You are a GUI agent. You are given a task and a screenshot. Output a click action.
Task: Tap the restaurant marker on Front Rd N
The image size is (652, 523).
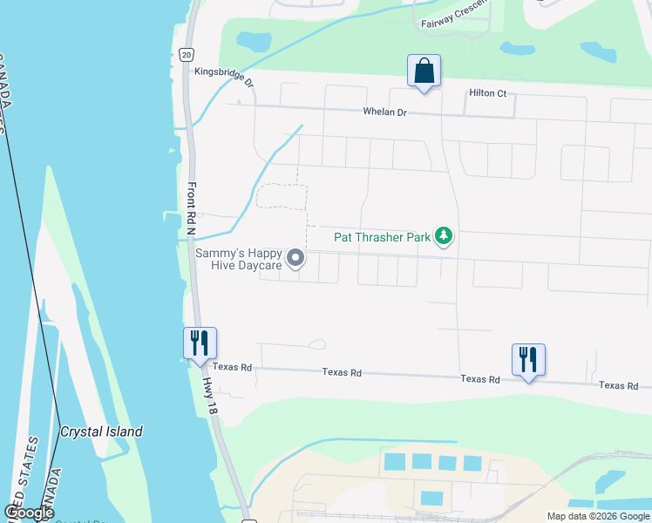coord(200,343)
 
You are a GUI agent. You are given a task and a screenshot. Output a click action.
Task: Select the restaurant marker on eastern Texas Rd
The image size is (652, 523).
coord(528,359)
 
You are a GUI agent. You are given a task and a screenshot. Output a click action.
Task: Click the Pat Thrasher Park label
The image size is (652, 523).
coord(384,236)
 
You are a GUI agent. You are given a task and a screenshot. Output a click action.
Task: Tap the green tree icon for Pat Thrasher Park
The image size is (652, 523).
coord(445,236)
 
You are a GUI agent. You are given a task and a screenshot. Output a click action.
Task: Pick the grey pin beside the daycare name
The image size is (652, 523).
coord(296,257)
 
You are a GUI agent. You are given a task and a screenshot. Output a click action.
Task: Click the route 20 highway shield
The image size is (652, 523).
coord(187,54)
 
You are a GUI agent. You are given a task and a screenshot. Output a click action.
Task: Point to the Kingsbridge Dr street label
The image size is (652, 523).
coord(223,78)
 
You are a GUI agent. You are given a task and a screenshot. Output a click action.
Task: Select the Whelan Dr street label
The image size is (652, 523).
coord(384,112)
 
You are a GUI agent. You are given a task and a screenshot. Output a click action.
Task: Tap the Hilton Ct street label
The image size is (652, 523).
coord(487,93)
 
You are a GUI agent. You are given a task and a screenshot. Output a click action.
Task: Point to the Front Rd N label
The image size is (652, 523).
coord(191,208)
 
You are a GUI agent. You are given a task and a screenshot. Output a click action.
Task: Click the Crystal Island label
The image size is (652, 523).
coord(101,431)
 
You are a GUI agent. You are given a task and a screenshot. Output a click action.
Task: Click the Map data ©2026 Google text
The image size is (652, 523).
coord(597,516)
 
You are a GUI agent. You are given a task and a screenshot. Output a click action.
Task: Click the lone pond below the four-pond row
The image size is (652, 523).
coord(431,499)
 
